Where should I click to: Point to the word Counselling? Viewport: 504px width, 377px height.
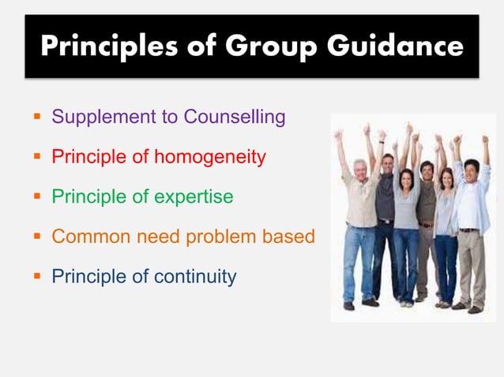[x=235, y=118]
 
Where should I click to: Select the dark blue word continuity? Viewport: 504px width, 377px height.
[x=195, y=277]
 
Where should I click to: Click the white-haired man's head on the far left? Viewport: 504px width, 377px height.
[x=359, y=169]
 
